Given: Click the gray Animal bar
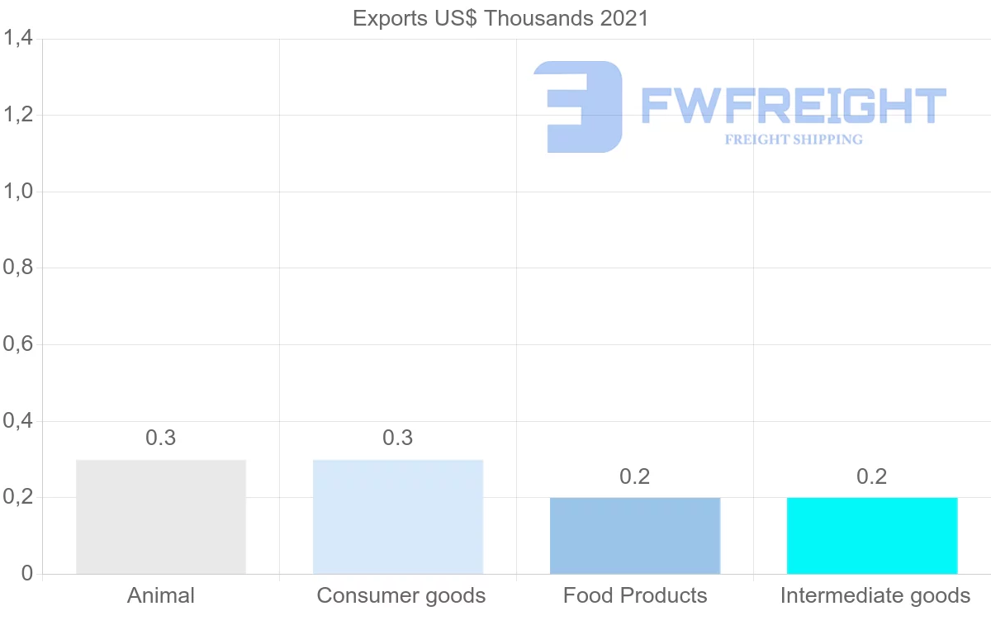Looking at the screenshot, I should [x=161, y=517].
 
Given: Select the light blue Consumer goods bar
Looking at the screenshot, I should [x=398, y=517].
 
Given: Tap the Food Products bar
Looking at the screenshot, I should [x=635, y=536].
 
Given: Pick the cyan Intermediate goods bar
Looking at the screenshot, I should [x=872, y=536].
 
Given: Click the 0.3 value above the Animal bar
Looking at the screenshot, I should [x=161, y=438].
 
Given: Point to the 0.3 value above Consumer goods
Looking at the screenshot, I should [x=398, y=438].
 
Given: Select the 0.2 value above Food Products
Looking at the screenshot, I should [x=635, y=476].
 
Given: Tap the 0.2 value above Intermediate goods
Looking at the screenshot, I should [x=872, y=476].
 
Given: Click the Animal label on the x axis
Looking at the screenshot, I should [x=161, y=595].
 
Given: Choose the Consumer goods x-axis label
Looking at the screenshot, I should [x=401, y=595].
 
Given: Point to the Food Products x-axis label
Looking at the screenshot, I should [x=635, y=595].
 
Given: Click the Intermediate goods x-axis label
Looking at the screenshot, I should [x=875, y=595].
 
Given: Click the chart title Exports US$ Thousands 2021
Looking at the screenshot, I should [x=500, y=18].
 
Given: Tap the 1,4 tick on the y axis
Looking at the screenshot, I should [x=17, y=38].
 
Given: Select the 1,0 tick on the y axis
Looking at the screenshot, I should [x=17, y=192].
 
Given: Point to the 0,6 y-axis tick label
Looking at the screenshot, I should [x=17, y=345].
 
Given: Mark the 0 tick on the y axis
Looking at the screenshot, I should [x=26, y=573].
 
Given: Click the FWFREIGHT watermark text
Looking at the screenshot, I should [x=793, y=106].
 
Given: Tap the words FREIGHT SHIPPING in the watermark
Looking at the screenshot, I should [x=794, y=140].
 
